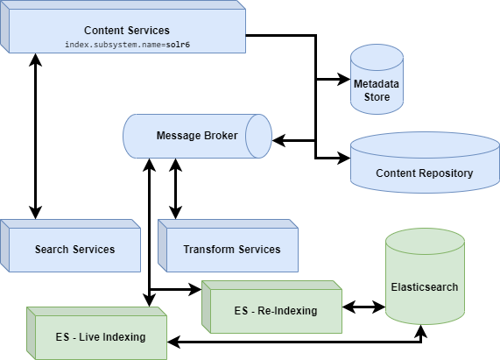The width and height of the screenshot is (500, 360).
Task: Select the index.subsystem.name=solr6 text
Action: click(x=128, y=44)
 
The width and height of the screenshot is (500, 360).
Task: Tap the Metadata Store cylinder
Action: click(x=377, y=83)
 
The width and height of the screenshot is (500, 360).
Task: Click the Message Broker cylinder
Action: click(x=197, y=136)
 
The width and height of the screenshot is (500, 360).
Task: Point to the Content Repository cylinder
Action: click(x=424, y=166)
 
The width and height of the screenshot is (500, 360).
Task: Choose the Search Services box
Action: click(x=74, y=250)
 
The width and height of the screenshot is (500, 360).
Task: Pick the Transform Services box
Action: click(x=232, y=250)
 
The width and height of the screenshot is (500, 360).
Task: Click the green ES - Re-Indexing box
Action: click(x=275, y=309)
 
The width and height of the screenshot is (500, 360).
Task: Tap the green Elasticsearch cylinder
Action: click(x=425, y=280)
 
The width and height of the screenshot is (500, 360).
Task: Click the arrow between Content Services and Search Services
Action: click(x=35, y=136)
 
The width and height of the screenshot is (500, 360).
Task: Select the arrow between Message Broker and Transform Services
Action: click(x=176, y=188)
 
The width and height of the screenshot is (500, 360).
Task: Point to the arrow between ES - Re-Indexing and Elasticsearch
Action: click(x=363, y=307)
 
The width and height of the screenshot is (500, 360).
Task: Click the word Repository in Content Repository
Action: click(x=444, y=173)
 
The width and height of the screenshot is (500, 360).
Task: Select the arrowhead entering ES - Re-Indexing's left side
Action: click(x=196, y=288)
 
